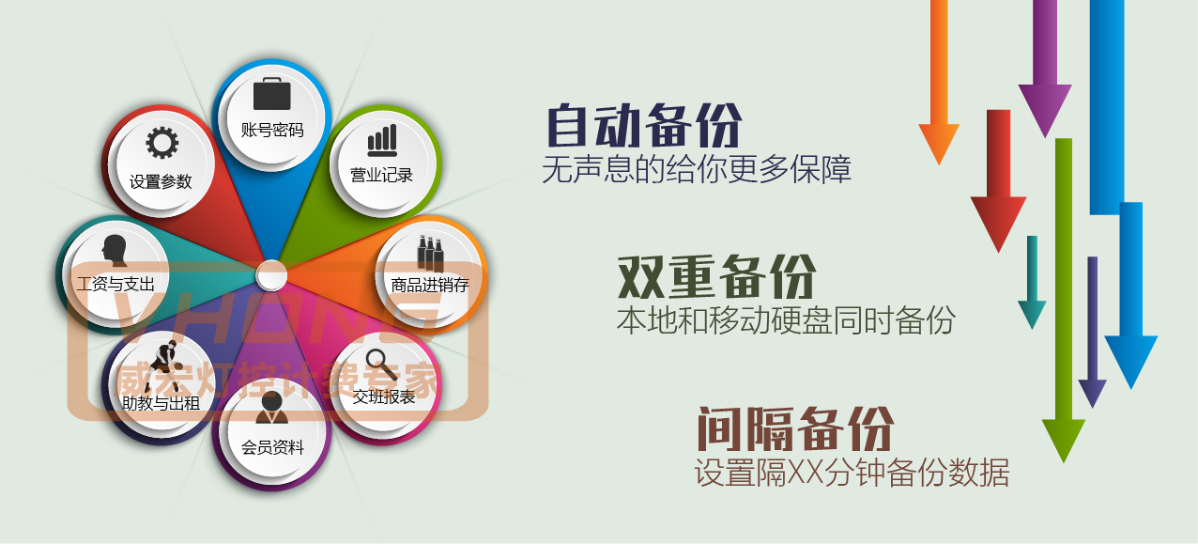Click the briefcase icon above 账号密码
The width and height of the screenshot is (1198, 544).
pos(271,94)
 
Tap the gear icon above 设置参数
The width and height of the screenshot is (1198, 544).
pos(162,143)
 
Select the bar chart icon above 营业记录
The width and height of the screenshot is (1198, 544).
pos(382,140)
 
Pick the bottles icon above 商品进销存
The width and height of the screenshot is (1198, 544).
pos(430,254)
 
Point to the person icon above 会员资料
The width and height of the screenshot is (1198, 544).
pos(271,408)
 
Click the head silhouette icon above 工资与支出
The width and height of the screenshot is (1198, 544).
pos(115,250)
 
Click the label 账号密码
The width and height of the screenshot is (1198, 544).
pos(272,130)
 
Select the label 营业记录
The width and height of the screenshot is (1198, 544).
pos(381,175)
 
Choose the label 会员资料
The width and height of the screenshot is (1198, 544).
pos(272,447)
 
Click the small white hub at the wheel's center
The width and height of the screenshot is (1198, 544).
pos(271,275)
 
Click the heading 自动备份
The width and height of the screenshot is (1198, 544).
pos(644,125)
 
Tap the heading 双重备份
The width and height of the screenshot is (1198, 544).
pos(716,277)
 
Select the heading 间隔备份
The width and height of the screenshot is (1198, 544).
pos(795,428)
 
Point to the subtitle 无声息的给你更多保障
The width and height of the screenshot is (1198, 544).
pos(697,170)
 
